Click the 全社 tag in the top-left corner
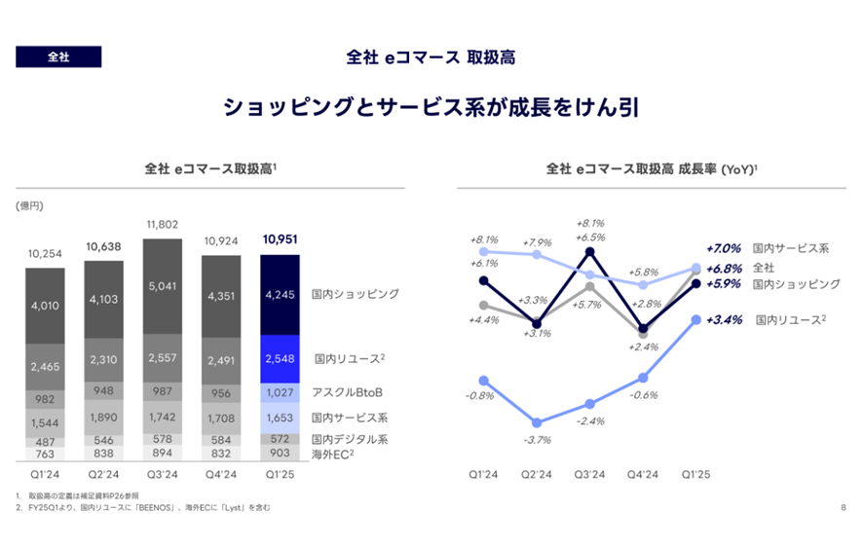[57, 56]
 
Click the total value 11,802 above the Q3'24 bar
[163, 225]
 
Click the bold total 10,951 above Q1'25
[280, 239]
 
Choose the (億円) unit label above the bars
[29, 205]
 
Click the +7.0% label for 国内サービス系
[723, 248]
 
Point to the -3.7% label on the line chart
[538, 440]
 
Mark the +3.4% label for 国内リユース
[723, 318]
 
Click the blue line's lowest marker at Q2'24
[538, 423]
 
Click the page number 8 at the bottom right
[843, 507]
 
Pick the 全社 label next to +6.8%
[763, 267]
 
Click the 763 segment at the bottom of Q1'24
[46, 453]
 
